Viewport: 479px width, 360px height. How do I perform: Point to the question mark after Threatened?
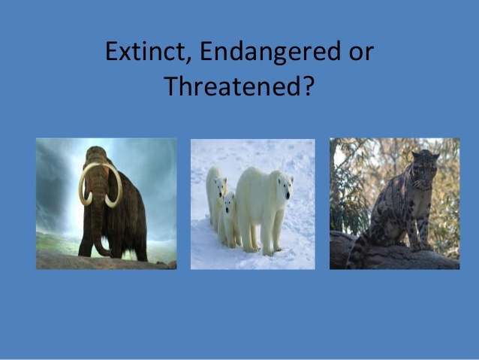click(308, 88)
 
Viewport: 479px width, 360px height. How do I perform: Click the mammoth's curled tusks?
click(100, 188)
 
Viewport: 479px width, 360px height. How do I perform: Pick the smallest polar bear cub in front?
click(227, 218)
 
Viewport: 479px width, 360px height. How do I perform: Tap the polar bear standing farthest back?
click(216, 188)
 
